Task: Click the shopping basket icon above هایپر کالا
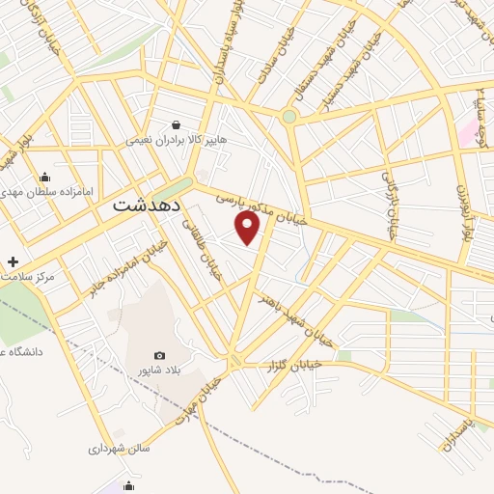coord(177,123)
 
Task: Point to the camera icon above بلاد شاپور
coord(159,355)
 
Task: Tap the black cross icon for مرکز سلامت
coord(13,261)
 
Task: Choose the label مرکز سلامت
coord(29,277)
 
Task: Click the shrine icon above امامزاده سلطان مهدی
coord(44,177)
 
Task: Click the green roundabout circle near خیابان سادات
coord(288,117)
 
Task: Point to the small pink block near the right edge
coord(469,134)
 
